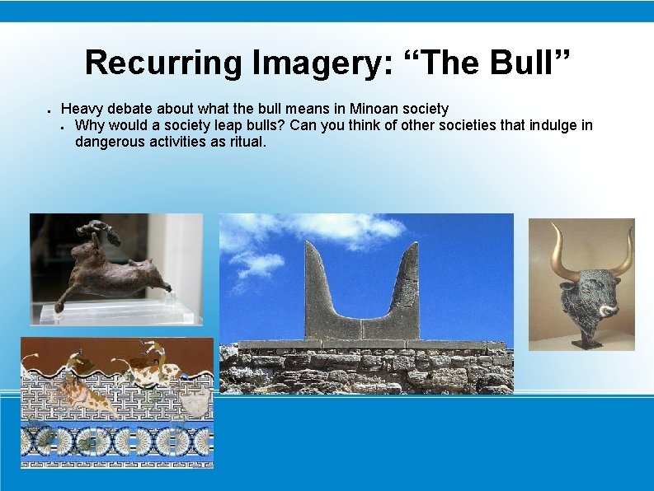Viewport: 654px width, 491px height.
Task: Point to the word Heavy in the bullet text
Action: [80, 109]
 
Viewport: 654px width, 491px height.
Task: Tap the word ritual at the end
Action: [246, 142]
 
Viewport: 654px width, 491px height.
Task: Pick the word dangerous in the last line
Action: [107, 142]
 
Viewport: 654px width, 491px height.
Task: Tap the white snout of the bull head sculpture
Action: [609, 311]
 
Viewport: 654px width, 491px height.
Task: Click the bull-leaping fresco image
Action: [116, 402]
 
